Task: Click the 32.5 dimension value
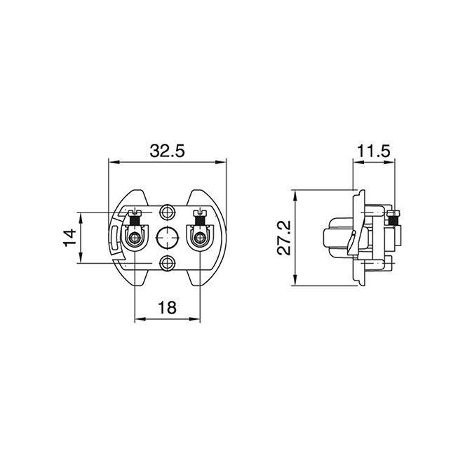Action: point(167,151)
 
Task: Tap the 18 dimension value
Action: point(167,307)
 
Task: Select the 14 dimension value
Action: point(70,237)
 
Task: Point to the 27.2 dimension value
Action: point(284,238)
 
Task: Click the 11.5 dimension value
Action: point(373,151)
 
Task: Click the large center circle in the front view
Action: point(168,238)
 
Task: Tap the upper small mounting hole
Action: point(168,212)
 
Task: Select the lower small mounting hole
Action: point(168,263)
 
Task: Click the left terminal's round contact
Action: point(135,237)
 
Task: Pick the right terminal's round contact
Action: point(200,237)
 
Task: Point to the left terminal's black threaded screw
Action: point(135,220)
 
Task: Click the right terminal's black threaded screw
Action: point(200,220)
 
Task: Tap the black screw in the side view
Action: point(394,220)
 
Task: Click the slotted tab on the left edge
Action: point(114,237)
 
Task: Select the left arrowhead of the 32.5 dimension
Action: point(114,162)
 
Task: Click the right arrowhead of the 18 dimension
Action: point(195,319)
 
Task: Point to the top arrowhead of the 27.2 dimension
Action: point(295,196)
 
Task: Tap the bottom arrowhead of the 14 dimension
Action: point(81,257)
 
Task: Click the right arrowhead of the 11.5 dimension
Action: point(390,162)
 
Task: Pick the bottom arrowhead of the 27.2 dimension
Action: point(295,280)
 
